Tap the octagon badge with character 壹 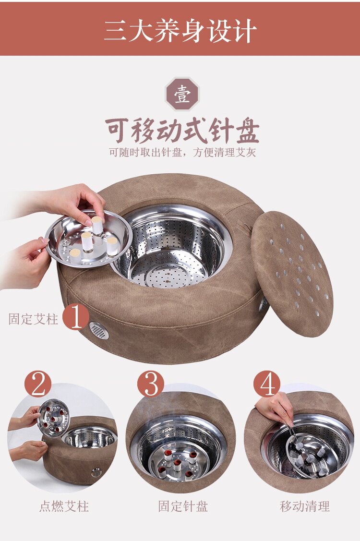(182, 94)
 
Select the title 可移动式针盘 (182, 131)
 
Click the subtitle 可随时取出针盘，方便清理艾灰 (182, 152)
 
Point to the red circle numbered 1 (76, 317)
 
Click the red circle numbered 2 (38, 384)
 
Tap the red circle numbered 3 (151, 384)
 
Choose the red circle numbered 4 (267, 384)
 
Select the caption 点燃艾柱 (64, 506)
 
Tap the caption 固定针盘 (183, 506)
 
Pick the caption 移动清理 (305, 506)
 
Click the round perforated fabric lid (292, 274)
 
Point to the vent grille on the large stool (99, 331)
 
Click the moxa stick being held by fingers (97, 227)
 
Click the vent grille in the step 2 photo (96, 472)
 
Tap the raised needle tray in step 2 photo (54, 418)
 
